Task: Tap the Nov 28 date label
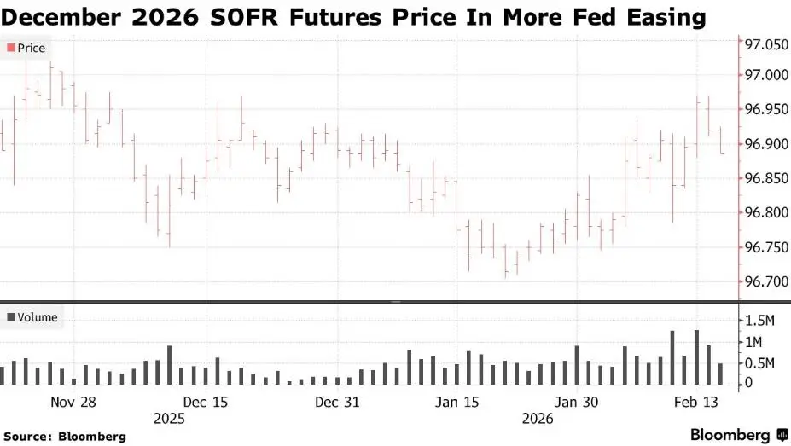coord(73,402)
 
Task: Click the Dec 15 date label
coord(205,402)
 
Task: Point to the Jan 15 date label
coord(457,402)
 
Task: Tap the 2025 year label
coord(169,419)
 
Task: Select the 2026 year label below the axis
coord(537,419)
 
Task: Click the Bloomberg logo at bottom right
coord(735,435)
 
